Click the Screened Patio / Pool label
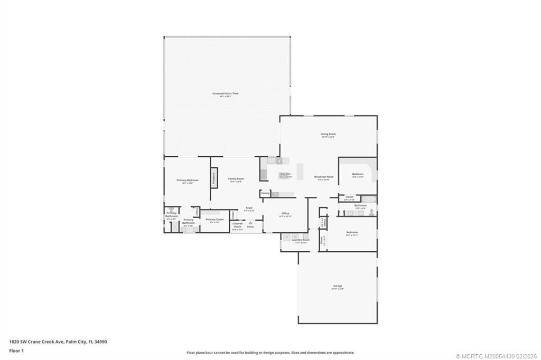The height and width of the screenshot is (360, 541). pyautogui.click(x=226, y=93)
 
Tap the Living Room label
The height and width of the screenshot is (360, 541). pyautogui.click(x=328, y=134)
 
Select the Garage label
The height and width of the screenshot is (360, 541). pyautogui.click(x=338, y=286)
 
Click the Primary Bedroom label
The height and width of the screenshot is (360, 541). pyautogui.click(x=184, y=180)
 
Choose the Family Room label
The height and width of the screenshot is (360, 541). pyautogui.click(x=236, y=179)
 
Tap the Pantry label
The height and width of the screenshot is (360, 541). pyautogui.click(x=265, y=193)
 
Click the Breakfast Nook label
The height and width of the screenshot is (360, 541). pyautogui.click(x=323, y=177)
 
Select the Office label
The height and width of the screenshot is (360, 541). pyautogui.click(x=285, y=213)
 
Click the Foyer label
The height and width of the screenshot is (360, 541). pyautogui.click(x=249, y=208)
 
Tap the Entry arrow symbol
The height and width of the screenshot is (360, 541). pyautogui.click(x=250, y=223)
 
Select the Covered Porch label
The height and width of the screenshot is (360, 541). pyautogui.click(x=237, y=225)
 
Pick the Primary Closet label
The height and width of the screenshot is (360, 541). pyautogui.click(x=214, y=220)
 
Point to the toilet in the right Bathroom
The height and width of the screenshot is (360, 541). pyautogui.click(x=371, y=212)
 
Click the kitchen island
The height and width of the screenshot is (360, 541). pyautogui.click(x=301, y=172)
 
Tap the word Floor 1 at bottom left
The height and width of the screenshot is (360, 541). pyautogui.click(x=16, y=350)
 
